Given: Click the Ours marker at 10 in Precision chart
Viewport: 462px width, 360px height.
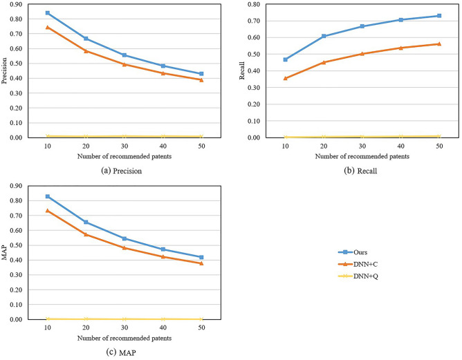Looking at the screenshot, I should pyautogui.click(x=48, y=13).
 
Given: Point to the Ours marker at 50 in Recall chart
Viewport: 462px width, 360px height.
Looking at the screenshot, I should pyautogui.click(x=438, y=16).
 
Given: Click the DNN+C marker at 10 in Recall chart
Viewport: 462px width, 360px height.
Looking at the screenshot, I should pyautogui.click(x=285, y=78).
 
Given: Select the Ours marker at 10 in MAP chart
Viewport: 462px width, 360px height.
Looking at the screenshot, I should pyautogui.click(x=48, y=197).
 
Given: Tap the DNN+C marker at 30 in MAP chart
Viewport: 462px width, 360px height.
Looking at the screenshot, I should pyautogui.click(x=124, y=247).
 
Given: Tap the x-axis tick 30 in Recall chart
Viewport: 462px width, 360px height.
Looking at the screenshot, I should pyautogui.click(x=362, y=146).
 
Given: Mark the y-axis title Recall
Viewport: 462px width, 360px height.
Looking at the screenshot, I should pyautogui.click(x=242, y=70).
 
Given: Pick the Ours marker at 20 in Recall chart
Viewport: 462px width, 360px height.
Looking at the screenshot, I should pyautogui.click(x=324, y=36).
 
